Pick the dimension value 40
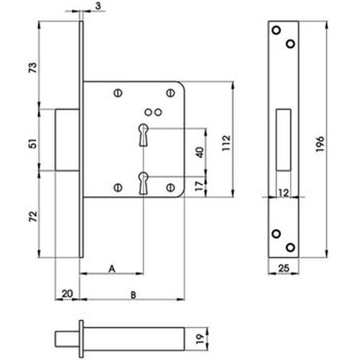point(199,152)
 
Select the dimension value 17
point(199,186)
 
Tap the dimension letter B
point(133,294)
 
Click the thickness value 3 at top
point(100,6)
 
